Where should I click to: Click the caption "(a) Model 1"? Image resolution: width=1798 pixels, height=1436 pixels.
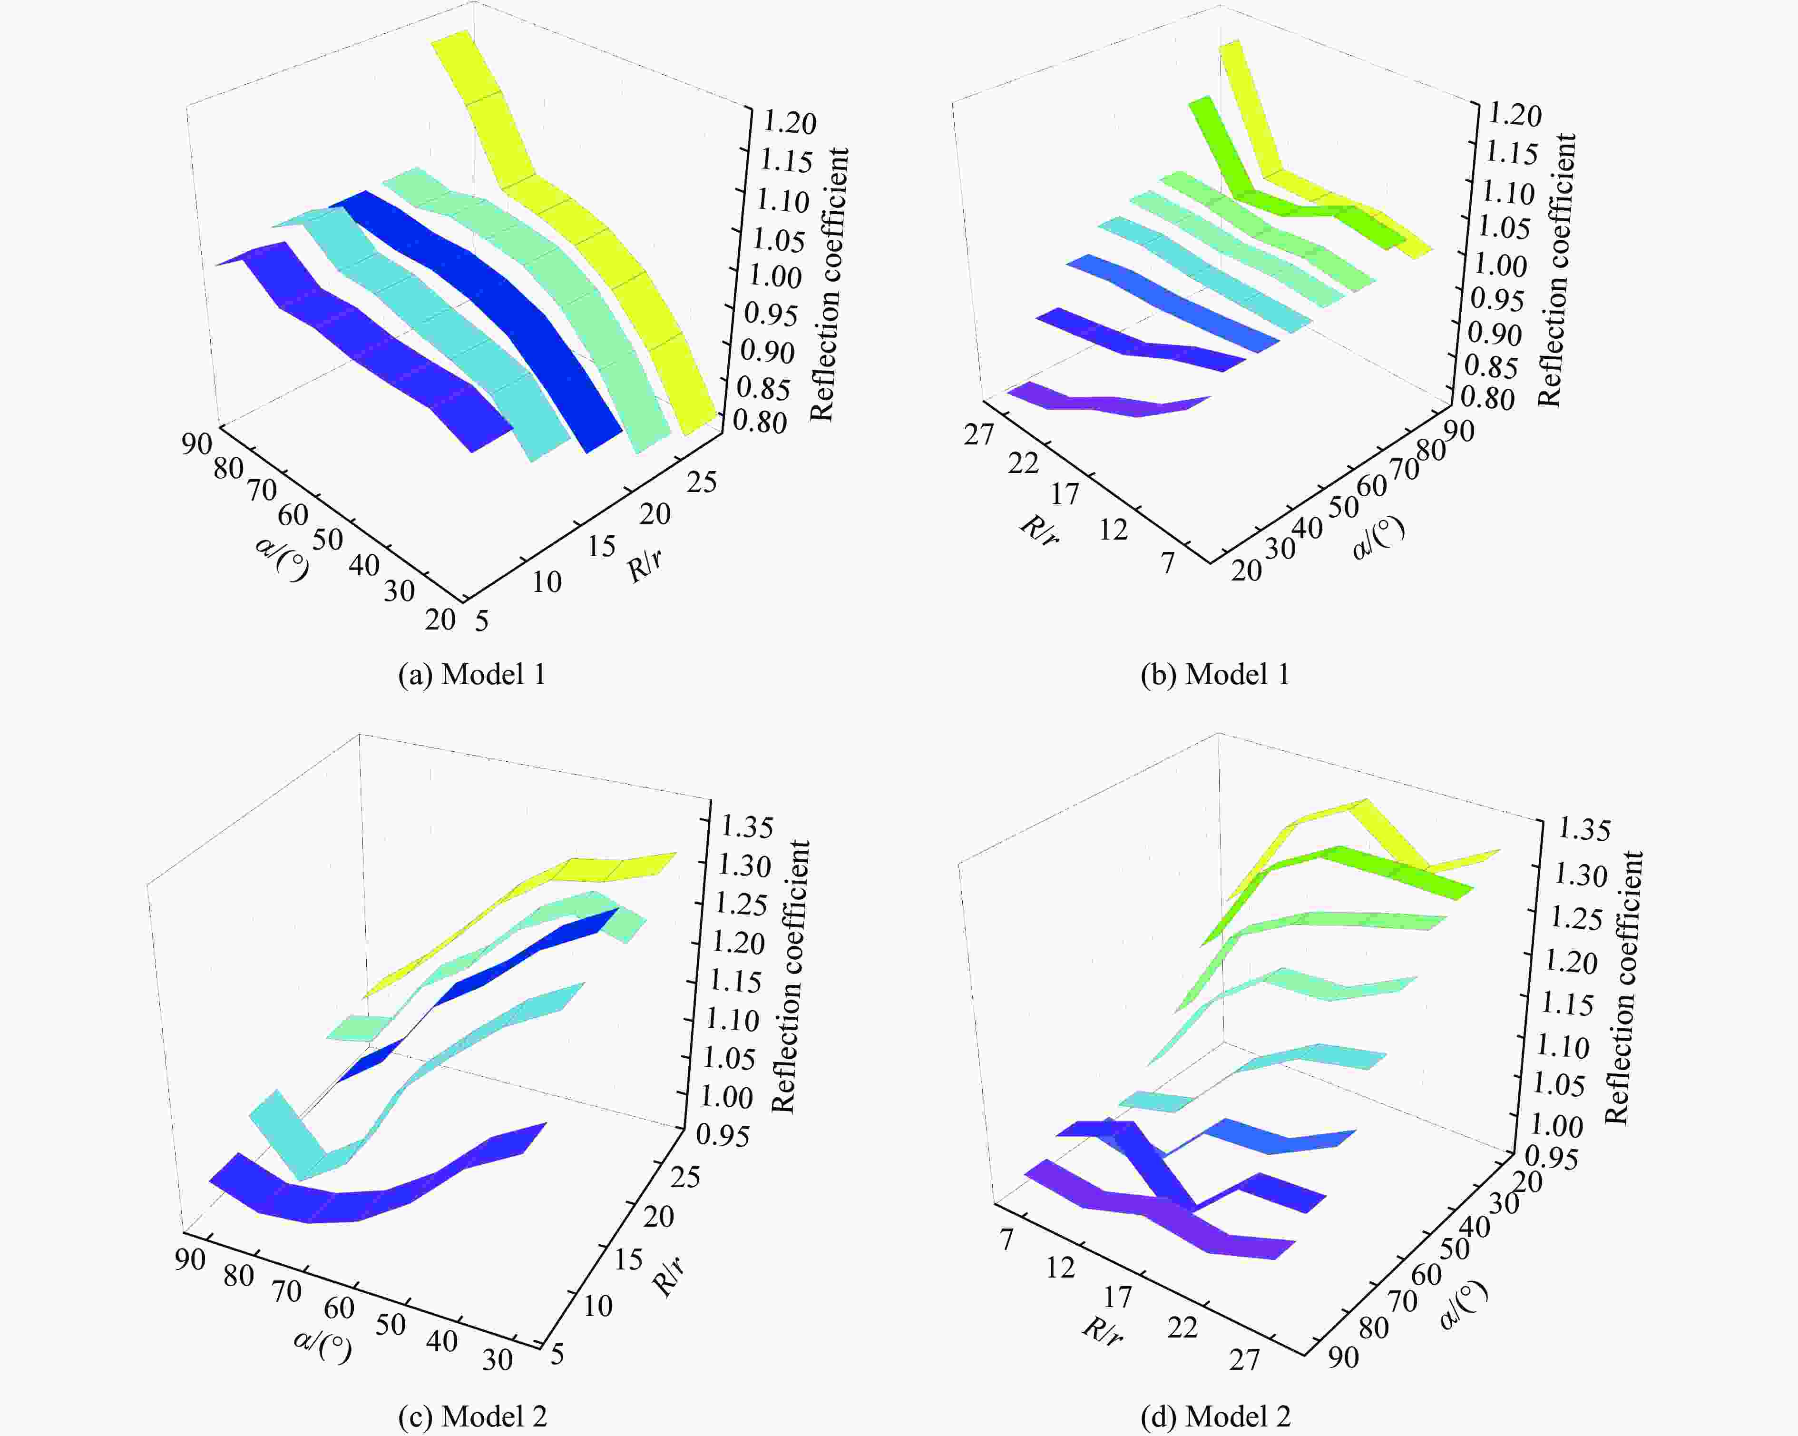(x=472, y=674)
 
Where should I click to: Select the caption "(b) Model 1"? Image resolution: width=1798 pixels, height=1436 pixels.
(x=1215, y=674)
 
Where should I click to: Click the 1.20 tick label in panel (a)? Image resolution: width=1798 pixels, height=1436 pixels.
(x=790, y=123)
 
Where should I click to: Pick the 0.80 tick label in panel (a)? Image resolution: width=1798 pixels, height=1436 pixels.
(x=760, y=422)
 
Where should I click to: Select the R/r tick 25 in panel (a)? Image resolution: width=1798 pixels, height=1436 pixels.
(x=702, y=482)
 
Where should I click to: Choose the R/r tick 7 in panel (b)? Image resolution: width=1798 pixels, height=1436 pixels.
(x=1168, y=563)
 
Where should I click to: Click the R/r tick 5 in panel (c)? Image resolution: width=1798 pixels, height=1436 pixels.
(x=557, y=1353)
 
